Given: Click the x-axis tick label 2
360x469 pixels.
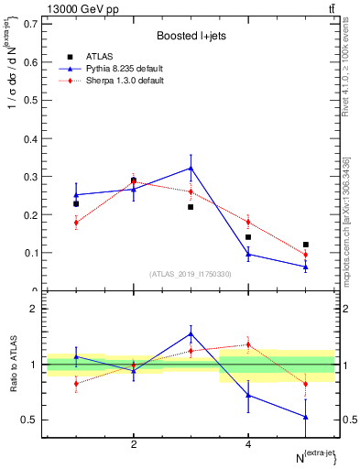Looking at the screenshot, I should pyautogui.click(x=134, y=445).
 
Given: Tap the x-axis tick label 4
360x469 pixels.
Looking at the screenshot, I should pyautogui.click(x=248, y=445).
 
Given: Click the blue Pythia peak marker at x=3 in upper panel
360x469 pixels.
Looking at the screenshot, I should pyautogui.click(x=191, y=168).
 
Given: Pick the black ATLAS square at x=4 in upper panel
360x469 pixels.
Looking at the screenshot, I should pyautogui.click(x=248, y=237).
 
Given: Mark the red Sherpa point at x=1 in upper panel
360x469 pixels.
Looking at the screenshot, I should pyautogui.click(x=76, y=223).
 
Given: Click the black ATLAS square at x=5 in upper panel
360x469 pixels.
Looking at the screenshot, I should pyautogui.click(x=306, y=245).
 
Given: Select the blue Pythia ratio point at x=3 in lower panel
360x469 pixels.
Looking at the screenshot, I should pyautogui.click(x=191, y=333).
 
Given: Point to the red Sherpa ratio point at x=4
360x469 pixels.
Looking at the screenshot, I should pyautogui.click(x=248, y=344).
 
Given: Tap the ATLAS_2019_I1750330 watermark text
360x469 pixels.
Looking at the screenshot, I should pyautogui.click(x=191, y=274).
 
